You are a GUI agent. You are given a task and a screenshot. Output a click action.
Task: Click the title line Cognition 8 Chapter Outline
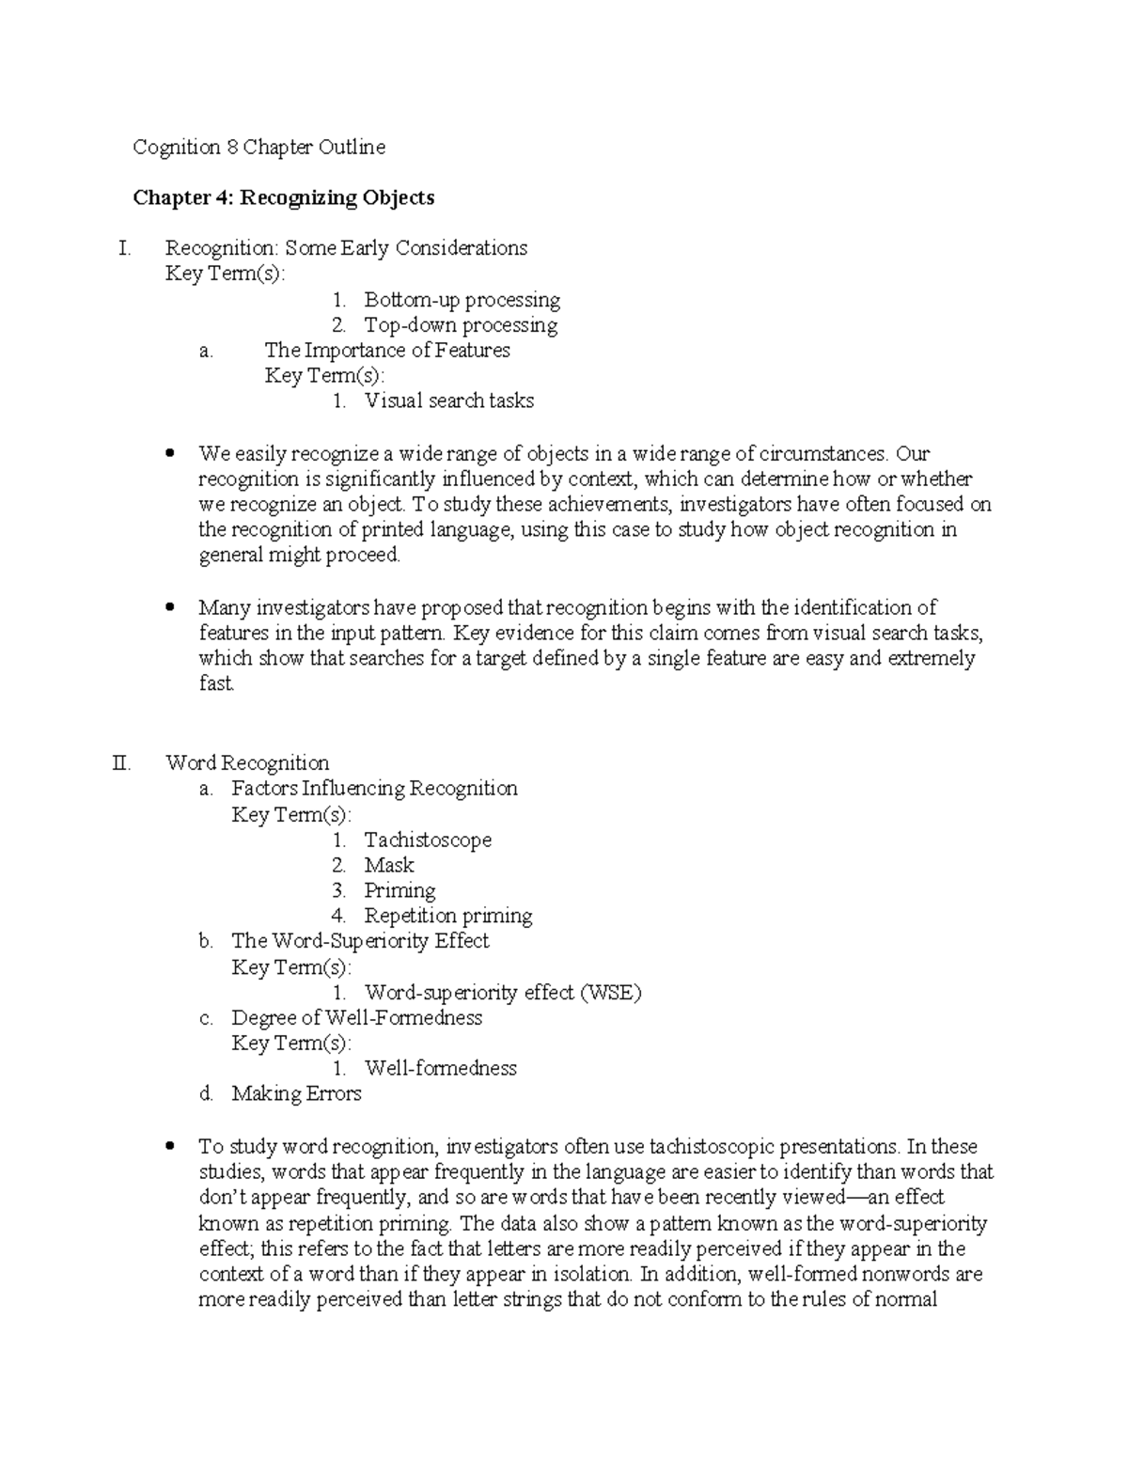tap(258, 148)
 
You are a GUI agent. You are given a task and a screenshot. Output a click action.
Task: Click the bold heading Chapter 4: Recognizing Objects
tap(283, 197)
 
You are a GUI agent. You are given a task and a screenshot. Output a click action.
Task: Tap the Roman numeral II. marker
tap(121, 762)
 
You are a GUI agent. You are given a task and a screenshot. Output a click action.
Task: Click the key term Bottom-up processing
tap(462, 300)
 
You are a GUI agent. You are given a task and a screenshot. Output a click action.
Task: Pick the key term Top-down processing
tap(461, 325)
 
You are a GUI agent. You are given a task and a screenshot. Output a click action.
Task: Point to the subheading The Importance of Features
tap(387, 351)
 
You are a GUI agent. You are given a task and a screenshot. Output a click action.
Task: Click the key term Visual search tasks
tap(448, 401)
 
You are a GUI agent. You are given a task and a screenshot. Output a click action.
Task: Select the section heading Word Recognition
tap(247, 762)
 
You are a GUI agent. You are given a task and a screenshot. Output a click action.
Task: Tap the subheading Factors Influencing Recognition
tap(374, 788)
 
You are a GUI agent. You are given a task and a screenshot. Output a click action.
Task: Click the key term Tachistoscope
tap(428, 840)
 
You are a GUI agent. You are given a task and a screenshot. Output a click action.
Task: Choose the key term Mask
tap(389, 865)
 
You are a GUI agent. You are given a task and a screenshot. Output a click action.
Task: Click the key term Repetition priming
tap(448, 916)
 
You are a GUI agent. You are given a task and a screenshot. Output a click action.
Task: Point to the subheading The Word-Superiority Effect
tap(360, 941)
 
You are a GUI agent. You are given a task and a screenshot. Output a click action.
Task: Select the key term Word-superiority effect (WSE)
tap(502, 993)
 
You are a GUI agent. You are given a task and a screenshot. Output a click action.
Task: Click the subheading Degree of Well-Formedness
tap(356, 1018)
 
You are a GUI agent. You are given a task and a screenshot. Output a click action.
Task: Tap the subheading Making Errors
tap(296, 1094)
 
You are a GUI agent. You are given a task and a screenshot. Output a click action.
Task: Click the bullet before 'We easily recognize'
tap(170, 454)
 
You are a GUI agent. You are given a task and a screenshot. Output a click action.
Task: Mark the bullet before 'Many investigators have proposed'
tap(170, 608)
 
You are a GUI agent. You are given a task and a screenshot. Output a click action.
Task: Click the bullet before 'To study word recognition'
tap(170, 1147)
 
